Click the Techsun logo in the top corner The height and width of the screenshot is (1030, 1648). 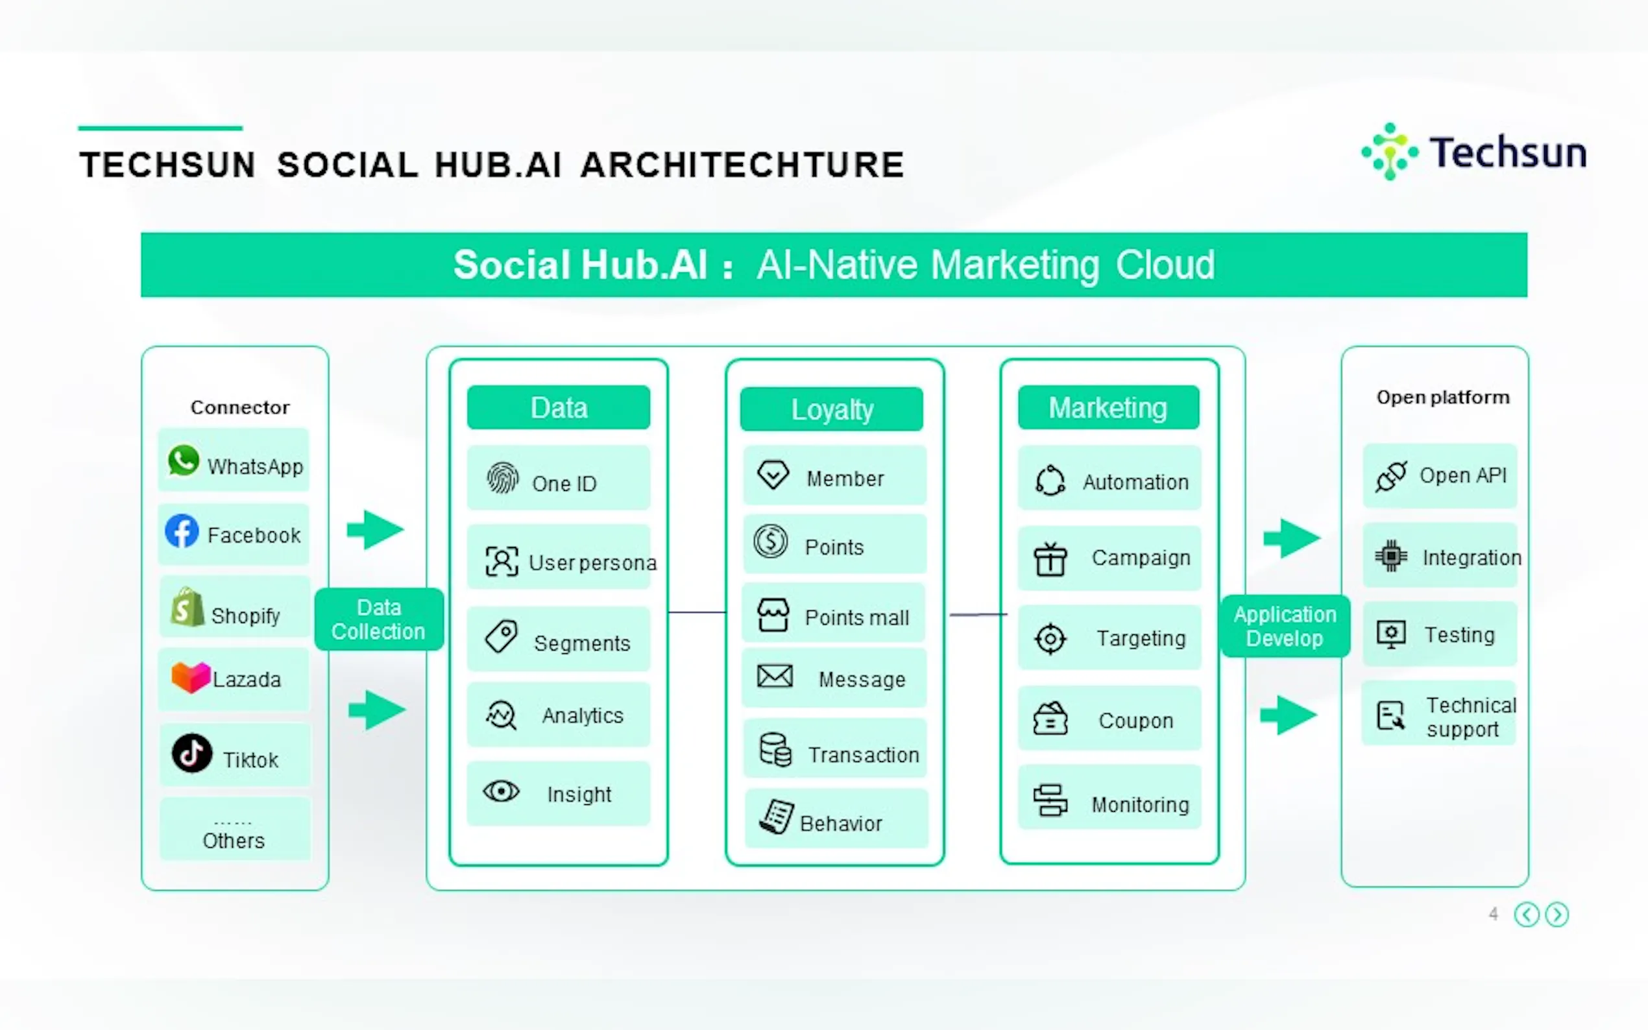pos(1472,152)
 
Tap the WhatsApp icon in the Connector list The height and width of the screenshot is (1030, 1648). pos(183,461)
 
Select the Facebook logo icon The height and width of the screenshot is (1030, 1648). pos(182,531)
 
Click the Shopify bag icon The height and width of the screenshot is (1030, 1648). pos(188,607)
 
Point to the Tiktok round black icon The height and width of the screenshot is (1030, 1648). pos(191,753)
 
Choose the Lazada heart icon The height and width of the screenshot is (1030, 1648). pos(191,677)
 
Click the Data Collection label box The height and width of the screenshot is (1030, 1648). pos(379,619)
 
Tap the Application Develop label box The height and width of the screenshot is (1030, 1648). pos(1284,626)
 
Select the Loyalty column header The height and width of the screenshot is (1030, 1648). pos(831,409)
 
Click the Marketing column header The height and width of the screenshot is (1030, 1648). pos(1108,408)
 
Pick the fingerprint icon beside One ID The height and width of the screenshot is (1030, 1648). pos(503,478)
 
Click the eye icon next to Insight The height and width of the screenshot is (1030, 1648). pos(502,791)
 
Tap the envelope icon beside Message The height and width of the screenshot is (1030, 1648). pos(775,677)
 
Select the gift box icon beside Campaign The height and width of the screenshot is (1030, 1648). pos(1050,559)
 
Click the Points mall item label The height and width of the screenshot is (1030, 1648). pos(856,618)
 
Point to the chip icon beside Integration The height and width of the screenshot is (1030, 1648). pos(1390,557)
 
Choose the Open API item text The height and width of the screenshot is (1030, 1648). pos(1462,475)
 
